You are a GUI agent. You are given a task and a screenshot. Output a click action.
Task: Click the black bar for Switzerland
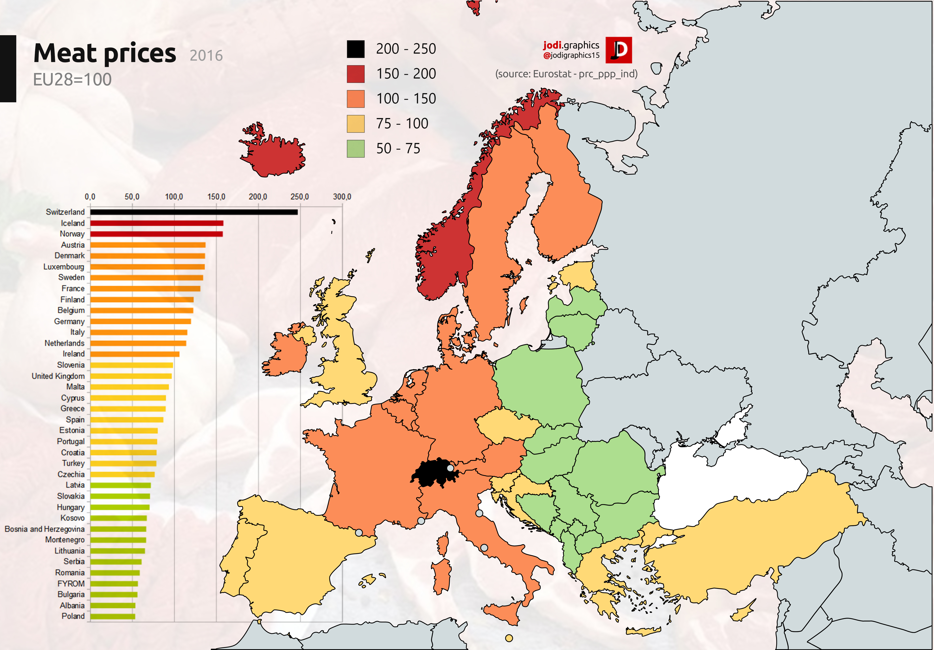coord(194,212)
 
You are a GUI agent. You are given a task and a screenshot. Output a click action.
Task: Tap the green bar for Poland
coord(113,616)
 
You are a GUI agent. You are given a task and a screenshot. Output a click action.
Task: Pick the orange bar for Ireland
coord(135,354)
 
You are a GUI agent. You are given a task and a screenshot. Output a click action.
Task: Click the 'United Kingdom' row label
coord(58,376)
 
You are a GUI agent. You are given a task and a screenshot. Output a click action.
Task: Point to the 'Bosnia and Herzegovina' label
coord(45,529)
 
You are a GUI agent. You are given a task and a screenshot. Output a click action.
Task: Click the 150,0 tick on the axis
coord(216,197)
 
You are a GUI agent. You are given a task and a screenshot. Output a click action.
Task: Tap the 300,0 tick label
coord(342,197)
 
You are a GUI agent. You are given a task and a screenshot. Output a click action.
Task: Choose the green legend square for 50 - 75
coord(356,148)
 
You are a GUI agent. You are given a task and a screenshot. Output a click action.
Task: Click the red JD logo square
coord(618,50)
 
